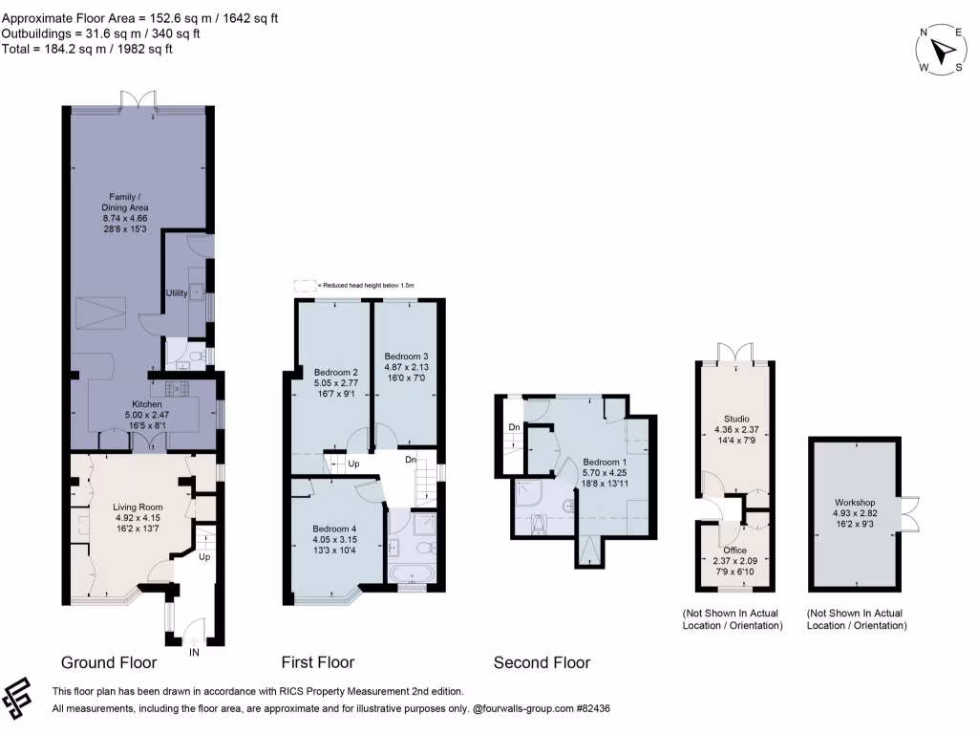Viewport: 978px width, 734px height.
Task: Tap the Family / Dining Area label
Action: pyautogui.click(x=126, y=202)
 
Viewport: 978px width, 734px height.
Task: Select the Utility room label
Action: pyautogui.click(x=176, y=292)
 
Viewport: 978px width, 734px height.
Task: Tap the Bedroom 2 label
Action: pyautogui.click(x=335, y=372)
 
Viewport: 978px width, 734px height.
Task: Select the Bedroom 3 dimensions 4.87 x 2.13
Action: pyautogui.click(x=406, y=367)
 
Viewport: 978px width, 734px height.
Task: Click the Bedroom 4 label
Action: pyautogui.click(x=334, y=528)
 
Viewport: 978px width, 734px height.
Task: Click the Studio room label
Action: pyautogui.click(x=736, y=418)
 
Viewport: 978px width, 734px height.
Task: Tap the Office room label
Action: pyautogui.click(x=734, y=550)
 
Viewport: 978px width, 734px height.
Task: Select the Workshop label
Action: pyautogui.click(x=854, y=502)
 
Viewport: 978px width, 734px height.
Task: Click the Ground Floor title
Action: pyautogui.click(x=109, y=662)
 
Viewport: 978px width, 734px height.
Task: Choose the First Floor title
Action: pyautogui.click(x=318, y=662)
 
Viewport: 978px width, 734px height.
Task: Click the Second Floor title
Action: pyautogui.click(x=542, y=662)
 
